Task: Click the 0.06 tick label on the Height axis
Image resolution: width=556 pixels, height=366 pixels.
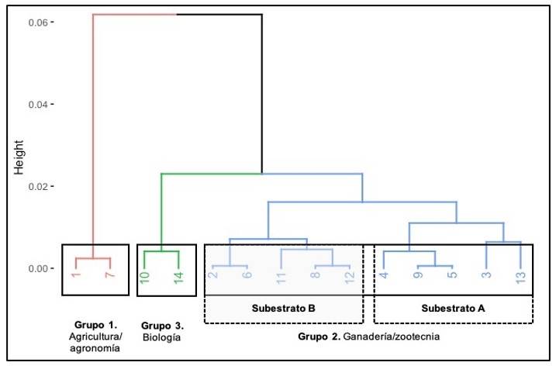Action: (40, 22)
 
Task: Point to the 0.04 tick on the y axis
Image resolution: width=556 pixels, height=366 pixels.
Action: (40, 105)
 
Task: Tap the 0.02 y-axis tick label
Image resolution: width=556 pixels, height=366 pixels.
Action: (40, 187)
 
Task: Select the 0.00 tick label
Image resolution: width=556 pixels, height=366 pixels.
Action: (40, 269)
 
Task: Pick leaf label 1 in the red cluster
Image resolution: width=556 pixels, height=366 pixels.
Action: (75, 276)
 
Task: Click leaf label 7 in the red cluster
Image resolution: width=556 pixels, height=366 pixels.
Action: (111, 276)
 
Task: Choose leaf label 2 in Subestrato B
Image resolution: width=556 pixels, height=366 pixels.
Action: (212, 275)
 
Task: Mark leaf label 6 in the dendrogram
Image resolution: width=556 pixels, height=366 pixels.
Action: (247, 275)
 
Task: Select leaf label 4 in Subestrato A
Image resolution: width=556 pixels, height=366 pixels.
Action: (383, 275)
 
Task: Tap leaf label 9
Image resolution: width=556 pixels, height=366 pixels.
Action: (417, 275)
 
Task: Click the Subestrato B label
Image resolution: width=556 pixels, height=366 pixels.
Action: (283, 309)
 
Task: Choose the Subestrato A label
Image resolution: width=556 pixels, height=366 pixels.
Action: (454, 309)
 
